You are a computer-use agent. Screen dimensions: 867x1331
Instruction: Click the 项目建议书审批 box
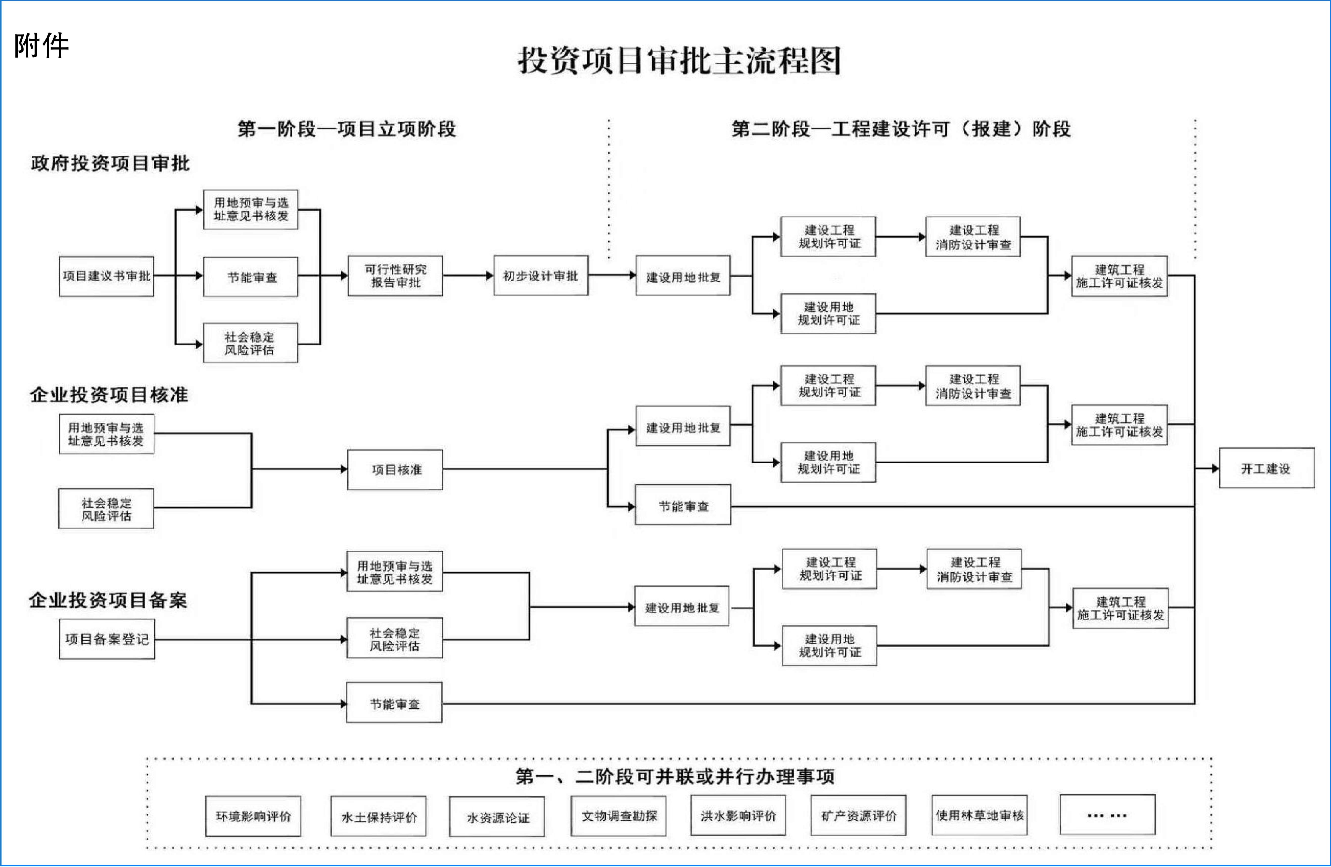pyautogui.click(x=106, y=276)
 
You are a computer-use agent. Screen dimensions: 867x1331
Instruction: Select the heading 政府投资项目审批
pyautogui.click(x=110, y=163)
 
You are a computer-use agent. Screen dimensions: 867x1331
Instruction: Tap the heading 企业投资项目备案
pyautogui.click(x=108, y=600)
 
